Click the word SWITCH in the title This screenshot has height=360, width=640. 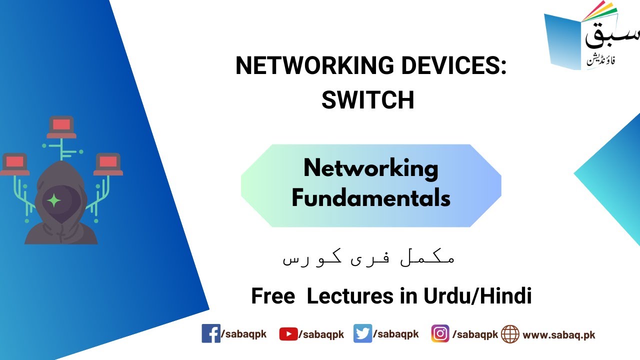click(367, 100)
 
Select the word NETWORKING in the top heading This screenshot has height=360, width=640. click(315, 65)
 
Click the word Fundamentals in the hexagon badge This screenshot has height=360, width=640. click(371, 198)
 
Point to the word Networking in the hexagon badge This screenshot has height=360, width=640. click(371, 169)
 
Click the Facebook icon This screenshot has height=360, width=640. click(211, 333)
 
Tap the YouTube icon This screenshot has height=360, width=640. click(288, 334)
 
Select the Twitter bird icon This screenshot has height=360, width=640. click(362, 333)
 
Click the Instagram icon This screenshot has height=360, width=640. click(440, 333)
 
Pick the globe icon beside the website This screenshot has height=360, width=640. click(510, 334)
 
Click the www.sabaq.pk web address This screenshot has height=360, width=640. click(559, 335)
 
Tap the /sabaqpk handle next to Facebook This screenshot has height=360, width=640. click(243, 334)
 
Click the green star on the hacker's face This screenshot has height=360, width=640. click(53, 200)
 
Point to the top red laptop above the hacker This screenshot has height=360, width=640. click(61, 127)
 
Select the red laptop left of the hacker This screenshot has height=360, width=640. click(15, 164)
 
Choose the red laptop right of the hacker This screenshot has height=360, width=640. click(108, 164)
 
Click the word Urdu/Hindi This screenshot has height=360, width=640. click(477, 295)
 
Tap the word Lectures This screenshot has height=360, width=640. click(350, 295)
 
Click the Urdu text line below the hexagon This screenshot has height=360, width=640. click(368, 258)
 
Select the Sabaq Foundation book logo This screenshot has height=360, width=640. click(591, 35)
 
